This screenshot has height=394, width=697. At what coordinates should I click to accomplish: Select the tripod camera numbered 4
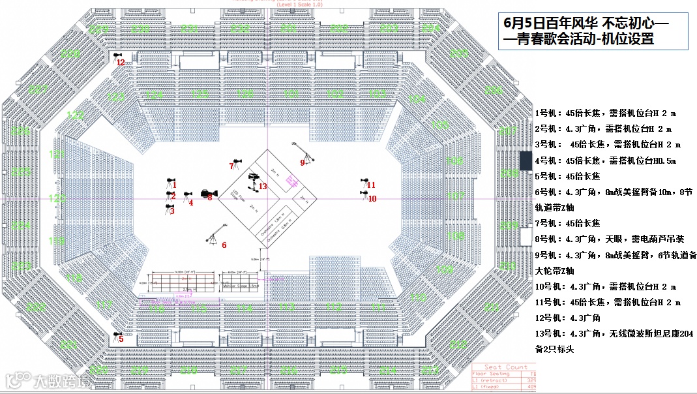point(187,195)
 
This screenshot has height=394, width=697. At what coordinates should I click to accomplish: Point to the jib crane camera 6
point(213,239)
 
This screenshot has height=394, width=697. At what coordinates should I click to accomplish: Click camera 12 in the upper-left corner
point(117,57)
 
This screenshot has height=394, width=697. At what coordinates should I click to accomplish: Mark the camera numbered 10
point(365,193)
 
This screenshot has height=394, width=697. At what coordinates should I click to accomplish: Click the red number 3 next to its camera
point(172,211)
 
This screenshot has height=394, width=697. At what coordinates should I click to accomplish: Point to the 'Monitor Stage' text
point(241,286)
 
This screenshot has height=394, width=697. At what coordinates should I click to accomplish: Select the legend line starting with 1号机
point(600,113)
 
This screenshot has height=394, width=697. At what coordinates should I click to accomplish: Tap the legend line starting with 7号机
point(567,223)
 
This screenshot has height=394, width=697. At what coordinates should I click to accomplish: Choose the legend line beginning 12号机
point(569,318)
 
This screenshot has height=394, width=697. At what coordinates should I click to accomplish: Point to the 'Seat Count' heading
point(507,367)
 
